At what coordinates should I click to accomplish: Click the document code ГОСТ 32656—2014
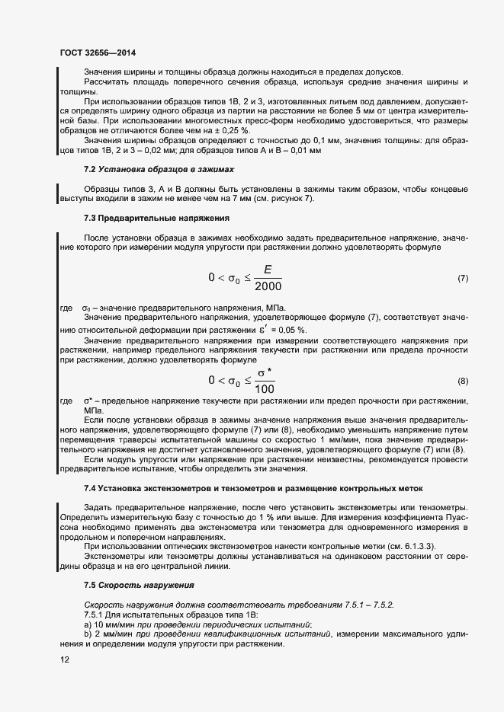(98, 53)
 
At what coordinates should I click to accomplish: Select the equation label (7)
(462, 279)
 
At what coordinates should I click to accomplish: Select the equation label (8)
(462, 380)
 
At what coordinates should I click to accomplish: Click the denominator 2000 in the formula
(268, 287)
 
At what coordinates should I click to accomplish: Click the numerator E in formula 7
(268, 269)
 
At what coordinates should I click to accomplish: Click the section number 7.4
(89, 488)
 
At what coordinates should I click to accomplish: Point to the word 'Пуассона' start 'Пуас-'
(453, 518)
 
